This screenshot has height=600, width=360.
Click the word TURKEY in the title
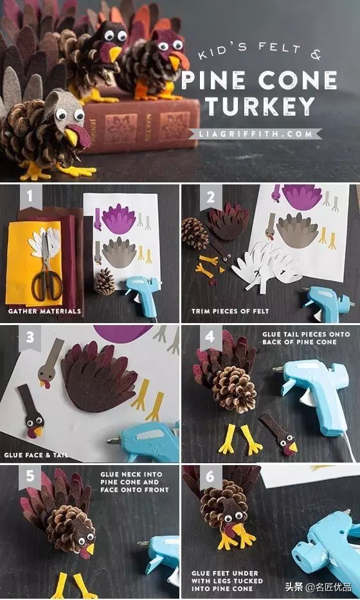pyautogui.click(x=260, y=106)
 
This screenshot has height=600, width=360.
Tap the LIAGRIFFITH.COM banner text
pyautogui.click(x=255, y=134)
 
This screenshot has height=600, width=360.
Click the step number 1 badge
pyautogui.click(x=30, y=197)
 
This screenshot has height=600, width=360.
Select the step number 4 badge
pyautogui.click(x=210, y=337)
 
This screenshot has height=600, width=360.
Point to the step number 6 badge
pyautogui.click(x=210, y=477)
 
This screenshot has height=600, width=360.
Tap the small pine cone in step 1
pyautogui.click(x=105, y=281)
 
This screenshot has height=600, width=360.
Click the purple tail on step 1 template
pyautogui.click(x=119, y=218)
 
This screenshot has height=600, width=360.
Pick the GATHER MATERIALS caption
pyautogui.click(x=44, y=312)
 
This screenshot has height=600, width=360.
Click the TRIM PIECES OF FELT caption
pyautogui.click(x=230, y=312)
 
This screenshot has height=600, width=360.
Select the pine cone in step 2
pyautogui.click(x=195, y=233)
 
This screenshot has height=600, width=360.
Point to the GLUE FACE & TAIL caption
pyautogui.click(x=37, y=455)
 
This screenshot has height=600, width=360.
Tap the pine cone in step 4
pyautogui.click(x=234, y=389)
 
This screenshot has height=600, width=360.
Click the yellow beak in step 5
pyautogui.click(x=91, y=549)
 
